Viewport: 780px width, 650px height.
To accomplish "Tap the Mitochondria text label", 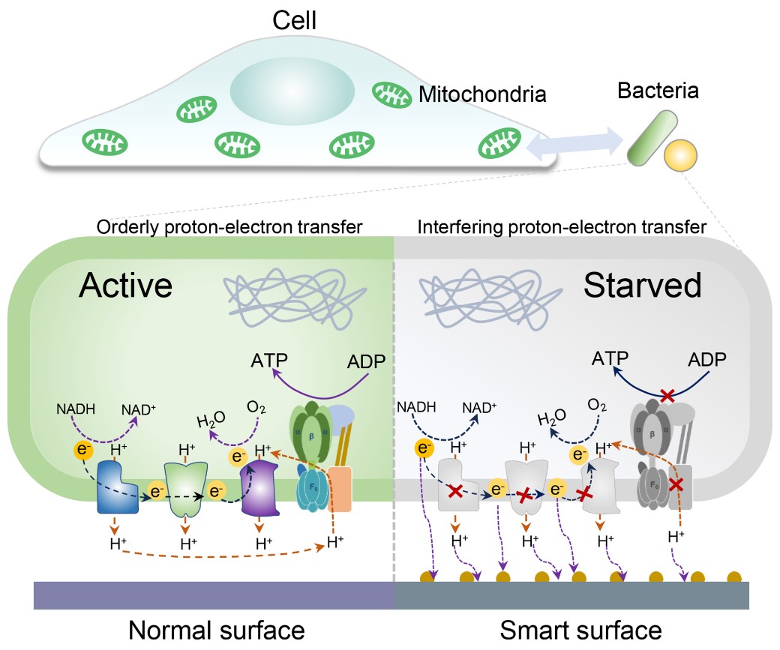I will [481, 95].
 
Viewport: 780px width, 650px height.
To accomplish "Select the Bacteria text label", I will [658, 91].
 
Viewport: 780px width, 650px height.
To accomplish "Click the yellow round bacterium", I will [682, 155].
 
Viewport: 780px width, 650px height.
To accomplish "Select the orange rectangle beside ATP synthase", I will [340, 489].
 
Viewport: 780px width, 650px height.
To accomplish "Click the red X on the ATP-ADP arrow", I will [665, 395].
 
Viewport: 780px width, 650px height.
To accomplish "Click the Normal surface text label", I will [217, 630].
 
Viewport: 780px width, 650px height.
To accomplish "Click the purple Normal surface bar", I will [214, 595].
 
